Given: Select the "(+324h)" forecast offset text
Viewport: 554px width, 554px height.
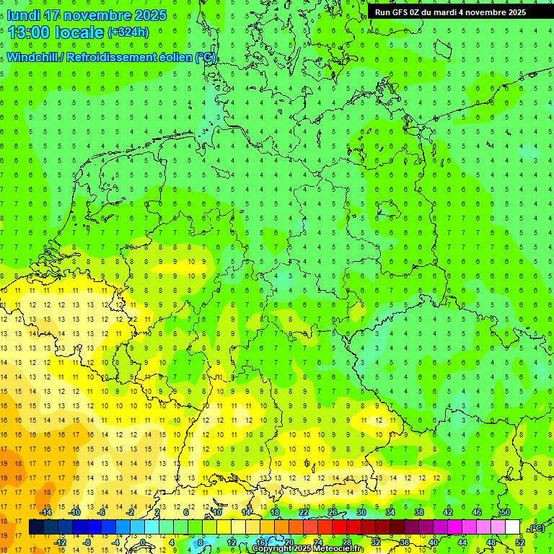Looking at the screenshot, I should click(128, 32).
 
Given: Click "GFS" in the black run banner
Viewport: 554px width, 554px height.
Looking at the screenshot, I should click(400, 12).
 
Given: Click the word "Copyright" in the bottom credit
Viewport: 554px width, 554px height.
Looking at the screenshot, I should click(272, 549).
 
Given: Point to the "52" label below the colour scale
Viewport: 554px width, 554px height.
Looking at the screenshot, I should click(520, 542).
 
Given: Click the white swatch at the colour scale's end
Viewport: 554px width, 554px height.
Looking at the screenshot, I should click(512, 527).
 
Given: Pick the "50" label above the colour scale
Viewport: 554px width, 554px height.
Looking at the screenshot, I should click(505, 512).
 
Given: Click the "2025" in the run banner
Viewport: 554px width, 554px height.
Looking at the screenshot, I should click(515, 12).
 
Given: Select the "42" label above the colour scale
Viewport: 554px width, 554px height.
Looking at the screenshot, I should click(447, 512).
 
